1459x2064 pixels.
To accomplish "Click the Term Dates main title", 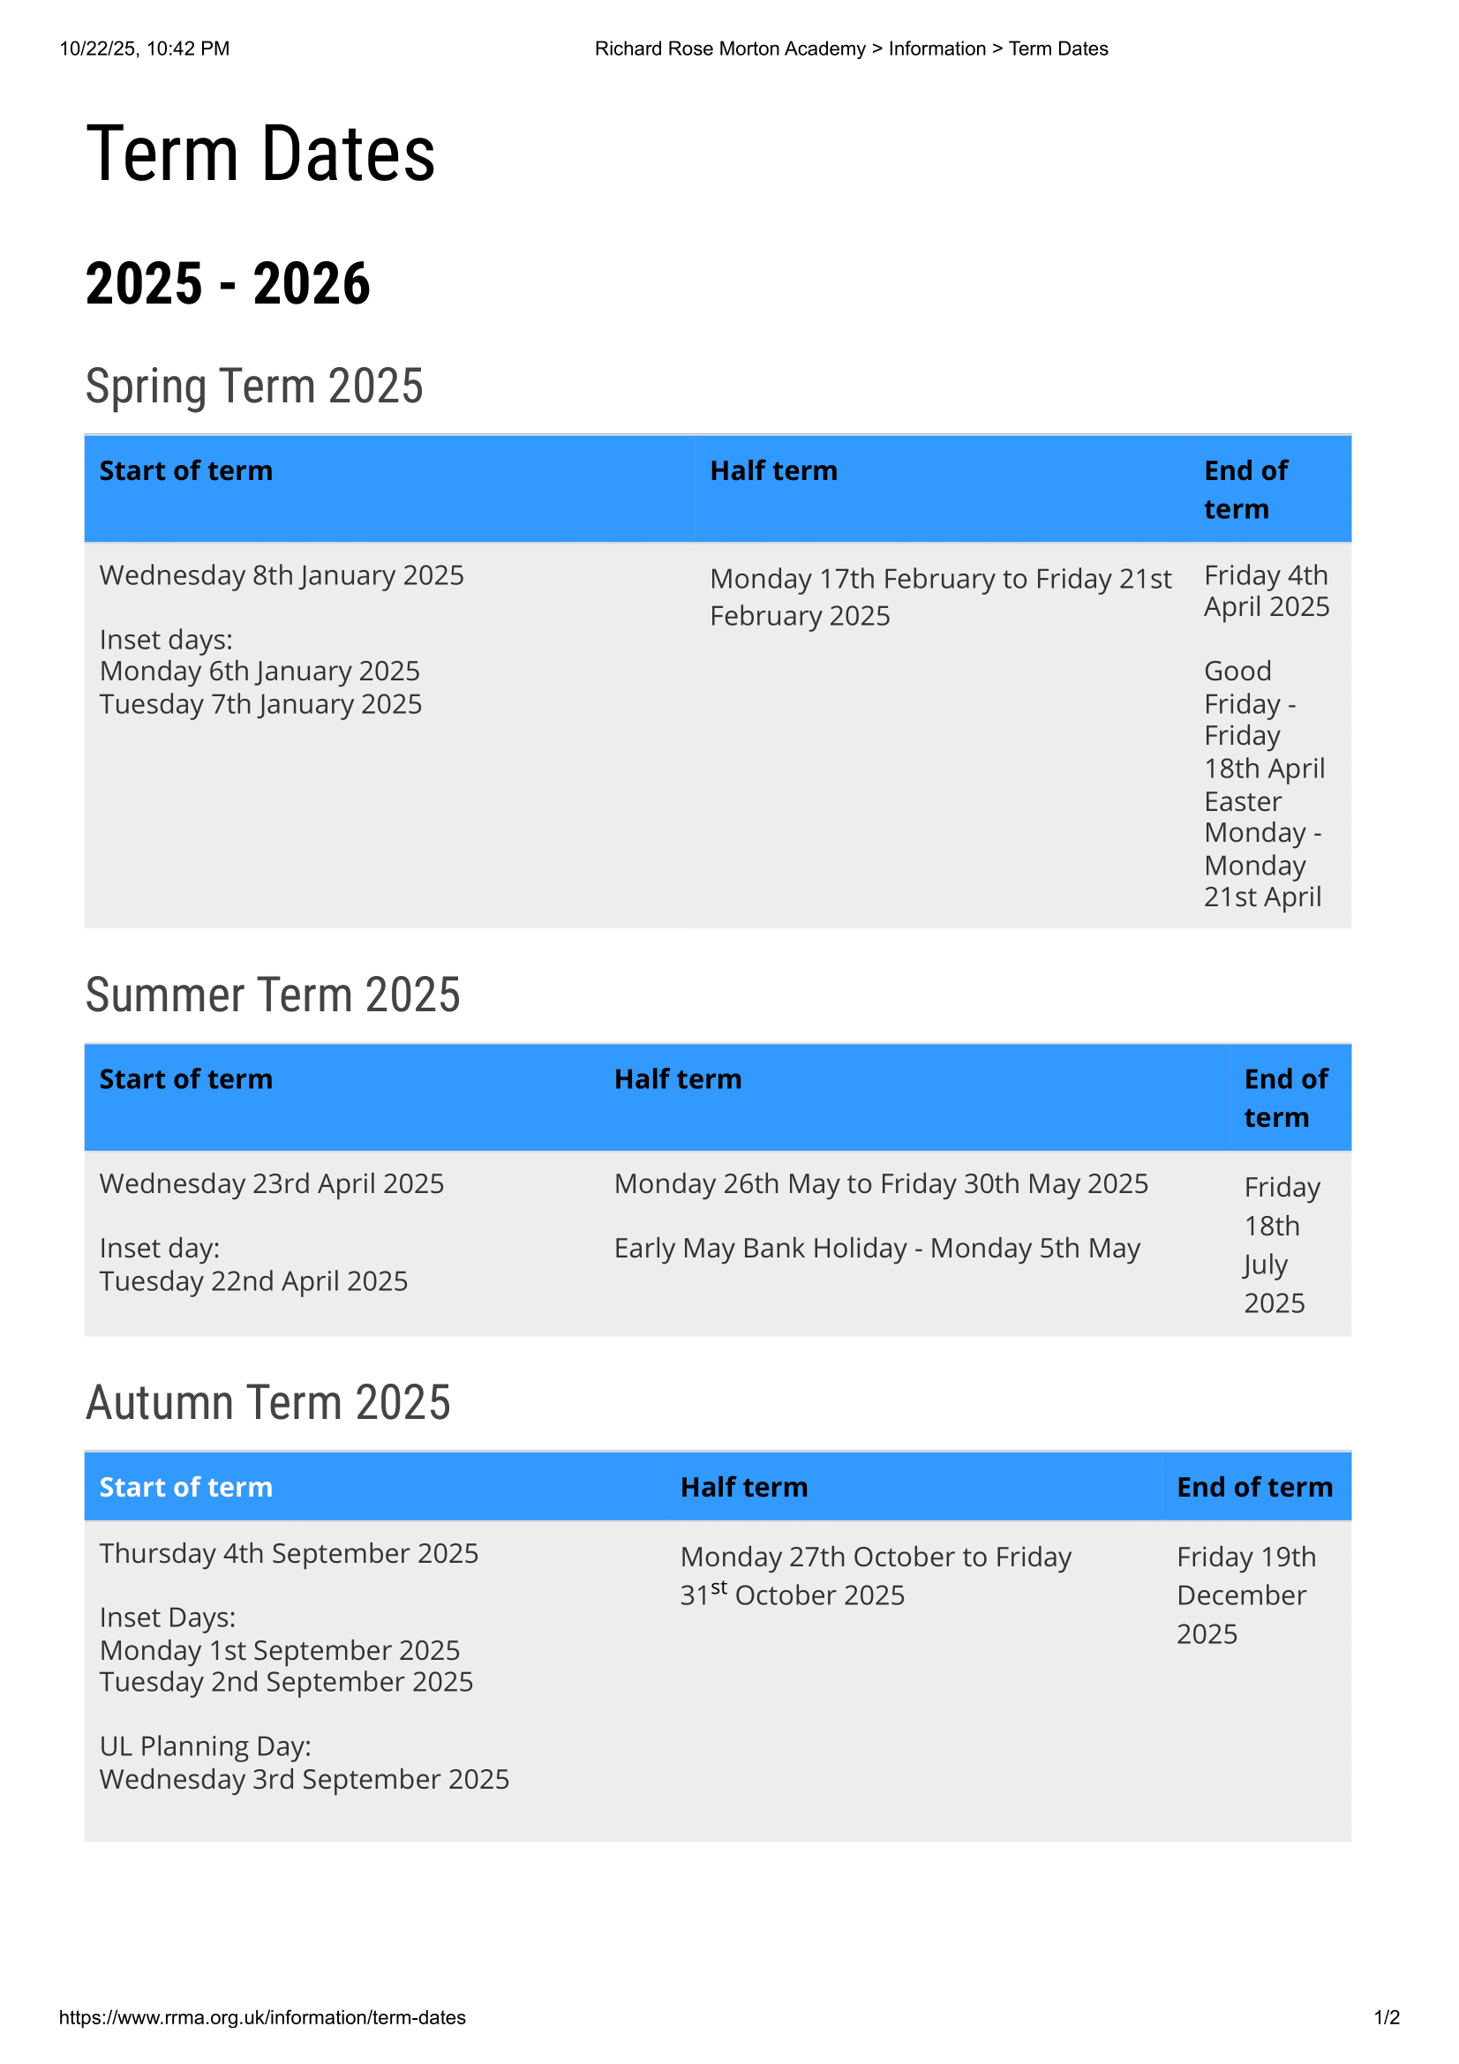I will pyautogui.click(x=260, y=154).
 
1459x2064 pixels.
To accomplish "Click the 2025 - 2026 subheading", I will pyautogui.click(x=228, y=284).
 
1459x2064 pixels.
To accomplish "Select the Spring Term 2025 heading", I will pyautogui.click(x=254, y=387).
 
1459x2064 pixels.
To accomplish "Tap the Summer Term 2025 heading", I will pyautogui.click(x=273, y=995).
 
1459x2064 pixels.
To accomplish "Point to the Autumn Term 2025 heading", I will pyautogui.click(x=268, y=1402).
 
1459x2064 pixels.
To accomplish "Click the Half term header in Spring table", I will pyautogui.click(x=773, y=471).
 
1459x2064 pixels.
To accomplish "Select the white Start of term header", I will pyautogui.click(x=186, y=1487).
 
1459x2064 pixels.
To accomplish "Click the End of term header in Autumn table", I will pyautogui.click(x=1254, y=1487).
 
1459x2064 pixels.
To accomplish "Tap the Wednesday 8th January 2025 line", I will pyautogui.click(x=282, y=575).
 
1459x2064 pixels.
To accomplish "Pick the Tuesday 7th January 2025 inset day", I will pyautogui.click(x=260, y=704).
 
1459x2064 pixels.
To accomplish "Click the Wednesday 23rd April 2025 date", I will pyautogui.click(x=272, y=1184).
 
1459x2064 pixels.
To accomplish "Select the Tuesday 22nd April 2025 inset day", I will pyautogui.click(x=253, y=1281).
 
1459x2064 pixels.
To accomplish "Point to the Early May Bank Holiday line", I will pyautogui.click(x=876, y=1249).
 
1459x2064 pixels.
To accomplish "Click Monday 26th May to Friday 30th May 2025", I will pyautogui.click(x=881, y=1184).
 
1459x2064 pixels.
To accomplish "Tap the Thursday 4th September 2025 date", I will pyautogui.click(x=289, y=1553).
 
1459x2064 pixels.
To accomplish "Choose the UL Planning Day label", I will pyautogui.click(x=205, y=1745).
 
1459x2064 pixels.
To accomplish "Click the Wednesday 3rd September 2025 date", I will pyautogui.click(x=304, y=1779).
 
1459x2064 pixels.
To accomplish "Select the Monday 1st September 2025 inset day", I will pyautogui.click(x=280, y=1650).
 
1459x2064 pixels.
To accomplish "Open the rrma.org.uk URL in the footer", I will pyautogui.click(x=262, y=2017).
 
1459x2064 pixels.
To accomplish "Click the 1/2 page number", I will pyautogui.click(x=1387, y=2017).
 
